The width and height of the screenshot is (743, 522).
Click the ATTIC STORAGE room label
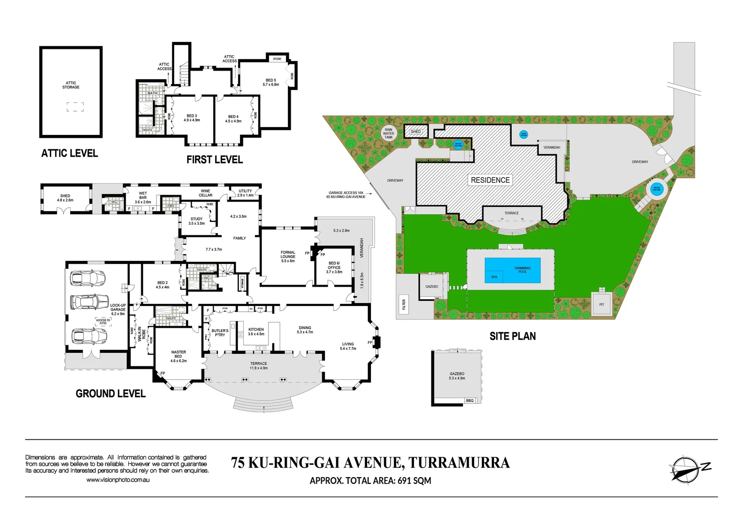coord(71,85)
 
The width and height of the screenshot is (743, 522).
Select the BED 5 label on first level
coord(271,82)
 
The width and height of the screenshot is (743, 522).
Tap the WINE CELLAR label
coord(206,193)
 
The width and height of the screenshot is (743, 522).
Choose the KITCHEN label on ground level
coord(256,332)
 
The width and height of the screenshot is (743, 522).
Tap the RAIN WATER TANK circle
coord(388,133)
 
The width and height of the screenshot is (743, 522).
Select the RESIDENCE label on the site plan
coord(490,180)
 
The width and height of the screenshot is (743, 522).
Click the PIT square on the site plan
coord(601,304)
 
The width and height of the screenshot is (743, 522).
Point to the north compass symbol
coord(685,469)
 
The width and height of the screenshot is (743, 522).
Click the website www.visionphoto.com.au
coord(118,480)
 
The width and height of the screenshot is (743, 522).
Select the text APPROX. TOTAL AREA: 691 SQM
coord(370,480)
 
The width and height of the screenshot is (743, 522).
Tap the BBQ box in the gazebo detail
coord(470,401)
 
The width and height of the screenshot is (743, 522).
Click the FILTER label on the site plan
coord(404,304)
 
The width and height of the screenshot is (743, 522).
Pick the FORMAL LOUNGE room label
coord(288,256)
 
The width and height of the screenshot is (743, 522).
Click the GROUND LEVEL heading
coord(110,393)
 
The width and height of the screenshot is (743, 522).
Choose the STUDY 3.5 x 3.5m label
coord(196,221)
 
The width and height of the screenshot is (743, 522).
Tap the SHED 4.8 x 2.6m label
coord(65,198)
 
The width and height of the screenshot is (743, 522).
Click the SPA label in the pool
coord(494,277)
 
